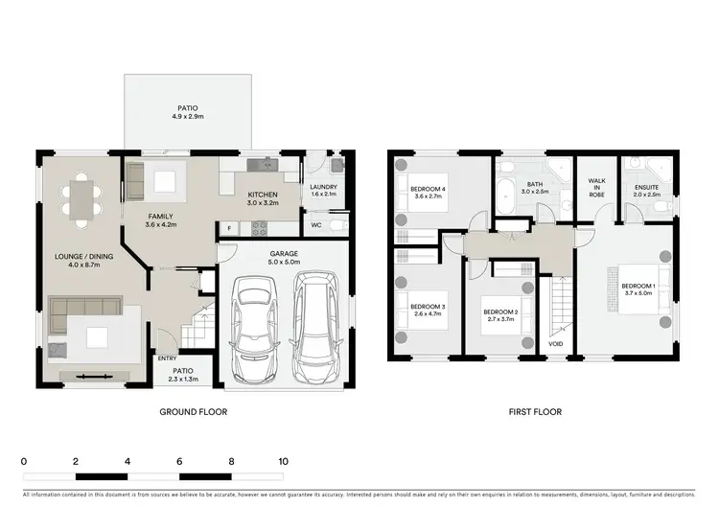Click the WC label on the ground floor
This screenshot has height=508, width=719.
coord(315,226)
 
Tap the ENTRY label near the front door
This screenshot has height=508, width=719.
coord(167,358)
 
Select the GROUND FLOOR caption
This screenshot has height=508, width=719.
coord(193,412)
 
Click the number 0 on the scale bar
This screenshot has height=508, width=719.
coord(24,461)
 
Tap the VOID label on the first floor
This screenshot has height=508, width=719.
coord(556,342)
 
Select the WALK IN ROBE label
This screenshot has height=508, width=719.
coord(596,187)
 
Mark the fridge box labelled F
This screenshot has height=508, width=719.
coord(229,227)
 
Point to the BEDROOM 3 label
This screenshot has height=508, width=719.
coord(418,311)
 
